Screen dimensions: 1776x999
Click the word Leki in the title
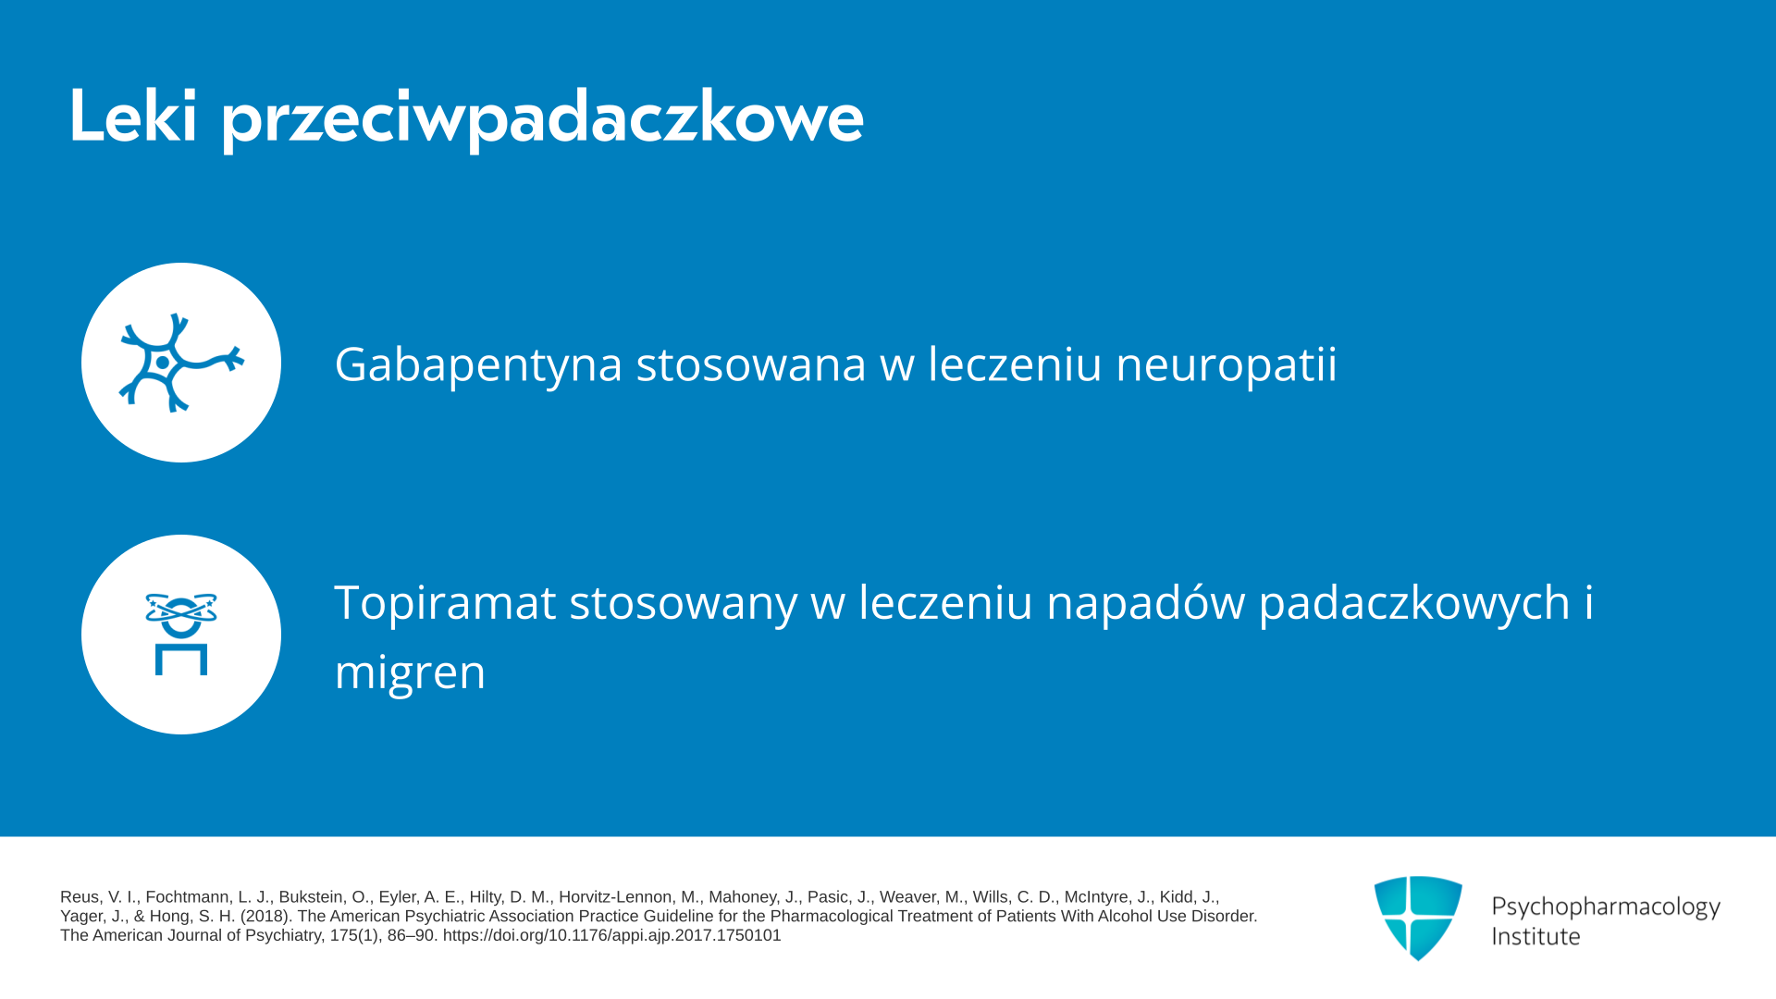coord(133,117)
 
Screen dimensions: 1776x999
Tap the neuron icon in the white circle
coord(181,363)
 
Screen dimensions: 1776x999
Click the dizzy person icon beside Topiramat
coord(181,635)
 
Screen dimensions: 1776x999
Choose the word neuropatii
coord(1227,364)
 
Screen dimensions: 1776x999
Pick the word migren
coord(410,672)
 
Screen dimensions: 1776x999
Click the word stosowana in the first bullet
coord(751,364)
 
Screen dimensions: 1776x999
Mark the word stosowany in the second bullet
coord(683,603)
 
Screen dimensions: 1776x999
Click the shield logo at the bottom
coord(1418,918)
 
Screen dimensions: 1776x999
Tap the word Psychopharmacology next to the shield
coord(1606,907)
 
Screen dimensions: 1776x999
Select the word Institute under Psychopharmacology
coord(1535,936)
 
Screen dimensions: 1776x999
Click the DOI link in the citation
coord(611,935)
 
